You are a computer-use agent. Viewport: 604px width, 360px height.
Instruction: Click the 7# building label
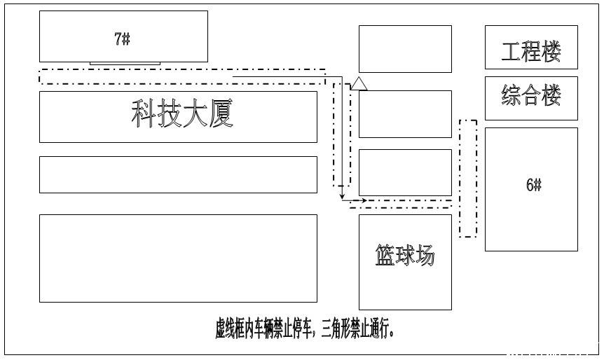[x=122, y=39]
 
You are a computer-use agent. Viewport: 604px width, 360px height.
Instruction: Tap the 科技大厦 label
[x=182, y=113]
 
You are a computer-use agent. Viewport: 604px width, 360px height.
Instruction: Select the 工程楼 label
[x=531, y=51]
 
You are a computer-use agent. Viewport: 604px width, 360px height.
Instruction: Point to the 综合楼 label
[x=531, y=95]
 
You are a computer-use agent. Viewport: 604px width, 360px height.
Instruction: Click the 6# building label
[x=534, y=185]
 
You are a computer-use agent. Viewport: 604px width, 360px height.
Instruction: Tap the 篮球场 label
[x=405, y=255]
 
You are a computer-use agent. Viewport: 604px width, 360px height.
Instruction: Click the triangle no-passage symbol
[x=359, y=83]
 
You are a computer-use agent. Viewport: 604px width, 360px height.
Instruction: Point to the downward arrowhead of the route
[x=342, y=197]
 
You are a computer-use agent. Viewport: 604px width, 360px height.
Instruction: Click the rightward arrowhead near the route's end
[x=363, y=200]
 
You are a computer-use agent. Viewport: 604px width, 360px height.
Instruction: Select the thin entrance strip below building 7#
[x=125, y=64]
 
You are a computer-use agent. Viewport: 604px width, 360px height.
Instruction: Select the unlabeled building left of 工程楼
[x=405, y=49]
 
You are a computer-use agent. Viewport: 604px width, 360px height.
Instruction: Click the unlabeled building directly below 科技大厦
[x=178, y=174]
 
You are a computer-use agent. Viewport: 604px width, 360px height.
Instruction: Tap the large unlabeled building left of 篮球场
[x=178, y=258]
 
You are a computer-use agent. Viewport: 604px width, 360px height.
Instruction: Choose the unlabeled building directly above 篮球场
[x=405, y=172]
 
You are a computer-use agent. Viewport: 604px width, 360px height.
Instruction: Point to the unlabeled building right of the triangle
[x=405, y=114]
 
